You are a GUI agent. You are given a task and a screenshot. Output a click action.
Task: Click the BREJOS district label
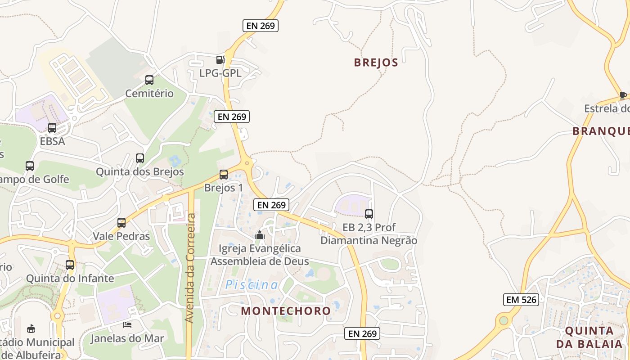point(376,63)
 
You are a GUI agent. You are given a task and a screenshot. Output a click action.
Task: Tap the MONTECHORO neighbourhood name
point(286,311)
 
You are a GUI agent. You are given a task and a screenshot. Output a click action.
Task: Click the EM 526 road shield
point(521,300)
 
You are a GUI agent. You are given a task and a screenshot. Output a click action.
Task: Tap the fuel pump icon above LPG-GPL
point(220,59)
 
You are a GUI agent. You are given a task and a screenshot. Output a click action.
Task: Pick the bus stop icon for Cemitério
point(149,80)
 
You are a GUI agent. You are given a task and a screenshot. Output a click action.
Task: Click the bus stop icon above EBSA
point(52,128)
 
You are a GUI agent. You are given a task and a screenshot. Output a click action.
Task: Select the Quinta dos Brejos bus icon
point(140,158)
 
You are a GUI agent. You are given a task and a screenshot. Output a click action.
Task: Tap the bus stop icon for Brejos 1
point(224,175)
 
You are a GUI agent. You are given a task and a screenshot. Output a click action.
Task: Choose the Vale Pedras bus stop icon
point(121,223)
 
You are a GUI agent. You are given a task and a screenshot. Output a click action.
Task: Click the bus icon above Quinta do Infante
point(70,265)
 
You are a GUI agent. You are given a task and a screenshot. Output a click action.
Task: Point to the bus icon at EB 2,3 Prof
point(369,214)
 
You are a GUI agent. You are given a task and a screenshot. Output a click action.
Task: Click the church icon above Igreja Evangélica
point(260,234)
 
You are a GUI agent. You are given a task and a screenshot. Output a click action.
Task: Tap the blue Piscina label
point(252,285)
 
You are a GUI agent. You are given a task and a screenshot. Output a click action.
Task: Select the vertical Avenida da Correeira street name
point(190,268)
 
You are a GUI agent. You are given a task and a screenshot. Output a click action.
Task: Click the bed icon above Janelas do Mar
point(128,324)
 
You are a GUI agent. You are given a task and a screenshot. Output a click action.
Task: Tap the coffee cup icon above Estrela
point(623,95)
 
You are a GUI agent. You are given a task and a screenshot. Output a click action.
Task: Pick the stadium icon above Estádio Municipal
point(31,328)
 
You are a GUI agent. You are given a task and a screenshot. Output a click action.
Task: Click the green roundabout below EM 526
point(503,321)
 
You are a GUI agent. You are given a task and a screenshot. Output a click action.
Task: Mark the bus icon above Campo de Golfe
point(30,166)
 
